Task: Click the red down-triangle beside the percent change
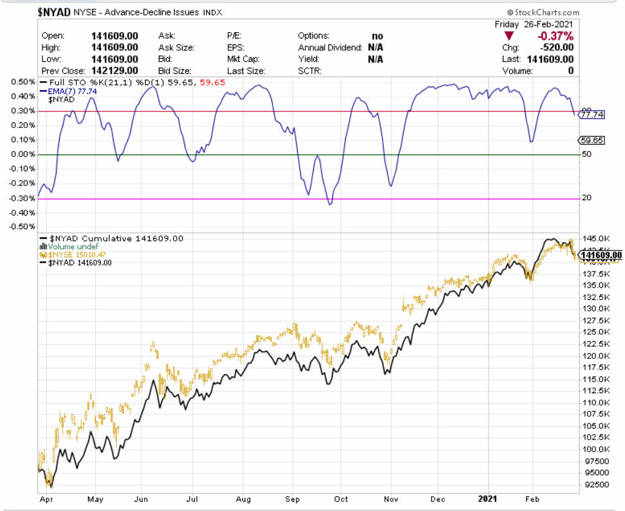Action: point(510,36)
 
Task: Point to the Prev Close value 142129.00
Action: point(114,71)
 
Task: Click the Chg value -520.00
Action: point(556,48)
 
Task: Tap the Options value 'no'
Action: point(377,36)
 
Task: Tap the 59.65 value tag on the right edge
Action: point(591,140)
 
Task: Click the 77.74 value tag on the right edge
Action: point(591,115)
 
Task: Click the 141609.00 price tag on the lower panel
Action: point(599,256)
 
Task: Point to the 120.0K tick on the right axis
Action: point(595,356)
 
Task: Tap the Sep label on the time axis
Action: point(293,499)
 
